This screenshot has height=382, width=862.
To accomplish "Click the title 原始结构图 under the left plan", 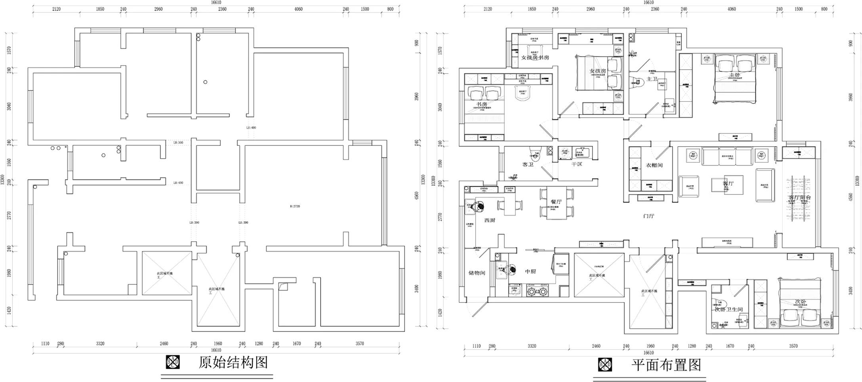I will [x=233, y=362].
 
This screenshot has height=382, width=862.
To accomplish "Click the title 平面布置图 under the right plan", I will [x=666, y=365].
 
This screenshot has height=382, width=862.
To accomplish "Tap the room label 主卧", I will [x=734, y=75].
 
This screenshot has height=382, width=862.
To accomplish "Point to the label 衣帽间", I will [x=654, y=165].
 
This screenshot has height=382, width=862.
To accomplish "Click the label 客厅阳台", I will [x=800, y=198].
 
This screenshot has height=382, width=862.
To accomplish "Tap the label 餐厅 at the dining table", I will [x=556, y=201].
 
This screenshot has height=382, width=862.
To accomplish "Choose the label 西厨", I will [x=489, y=220].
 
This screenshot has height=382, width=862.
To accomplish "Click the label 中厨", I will [x=530, y=272].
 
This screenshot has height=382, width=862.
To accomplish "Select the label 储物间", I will [x=477, y=273].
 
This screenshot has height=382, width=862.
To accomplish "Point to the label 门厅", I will [x=649, y=216].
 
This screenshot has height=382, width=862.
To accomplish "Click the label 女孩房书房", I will [x=535, y=58].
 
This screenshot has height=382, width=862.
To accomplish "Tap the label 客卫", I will [x=528, y=164].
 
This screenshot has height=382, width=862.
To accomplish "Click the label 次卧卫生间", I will [x=728, y=310].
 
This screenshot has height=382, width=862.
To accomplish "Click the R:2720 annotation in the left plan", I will [x=295, y=206].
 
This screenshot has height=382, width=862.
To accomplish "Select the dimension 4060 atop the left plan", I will [x=298, y=9].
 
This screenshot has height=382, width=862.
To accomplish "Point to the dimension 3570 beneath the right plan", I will [x=793, y=346].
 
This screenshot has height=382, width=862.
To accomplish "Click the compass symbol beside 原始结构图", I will [x=173, y=362].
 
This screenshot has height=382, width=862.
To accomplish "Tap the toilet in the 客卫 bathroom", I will [x=535, y=153].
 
